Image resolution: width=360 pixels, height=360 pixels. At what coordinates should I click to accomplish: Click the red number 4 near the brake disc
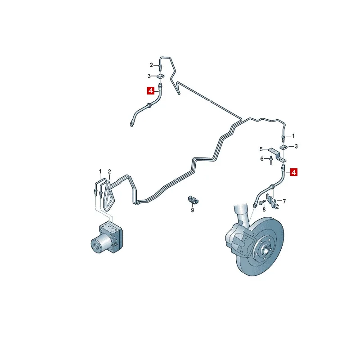pyautogui.click(x=294, y=172)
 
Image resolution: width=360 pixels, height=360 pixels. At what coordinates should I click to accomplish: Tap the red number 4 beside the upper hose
pyautogui.click(x=151, y=91)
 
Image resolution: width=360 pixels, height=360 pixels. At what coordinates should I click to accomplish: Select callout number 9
pyautogui.click(x=193, y=210)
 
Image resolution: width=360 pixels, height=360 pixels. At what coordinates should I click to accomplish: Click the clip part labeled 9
pyautogui.click(x=193, y=200)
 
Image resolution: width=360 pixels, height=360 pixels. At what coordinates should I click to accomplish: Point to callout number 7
pyautogui.click(x=284, y=201)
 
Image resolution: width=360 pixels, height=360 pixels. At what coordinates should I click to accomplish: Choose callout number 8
pyautogui.click(x=264, y=210)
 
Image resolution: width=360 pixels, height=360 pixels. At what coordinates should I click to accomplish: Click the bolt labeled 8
pyautogui.click(x=262, y=202)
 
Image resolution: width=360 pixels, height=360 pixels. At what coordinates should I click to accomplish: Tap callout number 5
pyautogui.click(x=261, y=149)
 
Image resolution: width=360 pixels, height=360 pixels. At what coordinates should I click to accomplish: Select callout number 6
pyautogui.click(x=262, y=159)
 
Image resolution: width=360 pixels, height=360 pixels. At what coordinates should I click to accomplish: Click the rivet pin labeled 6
pyautogui.click(x=271, y=160)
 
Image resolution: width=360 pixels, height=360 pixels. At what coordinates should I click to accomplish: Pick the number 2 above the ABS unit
pyautogui.click(x=109, y=171)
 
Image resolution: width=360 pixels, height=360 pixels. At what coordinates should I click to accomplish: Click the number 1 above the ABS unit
pyautogui.click(x=100, y=171)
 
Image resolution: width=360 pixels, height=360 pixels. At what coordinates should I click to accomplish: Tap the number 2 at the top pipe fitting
pyautogui.click(x=151, y=65)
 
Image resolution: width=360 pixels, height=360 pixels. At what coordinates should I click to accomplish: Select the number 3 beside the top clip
pyautogui.click(x=149, y=76)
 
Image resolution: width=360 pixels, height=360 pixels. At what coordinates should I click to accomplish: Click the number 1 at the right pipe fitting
pyautogui.click(x=293, y=136)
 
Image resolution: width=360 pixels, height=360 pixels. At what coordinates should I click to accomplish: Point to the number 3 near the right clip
pyautogui.click(x=296, y=147)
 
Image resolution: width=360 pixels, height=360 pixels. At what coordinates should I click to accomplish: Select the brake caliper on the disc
pyautogui.click(x=239, y=240)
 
